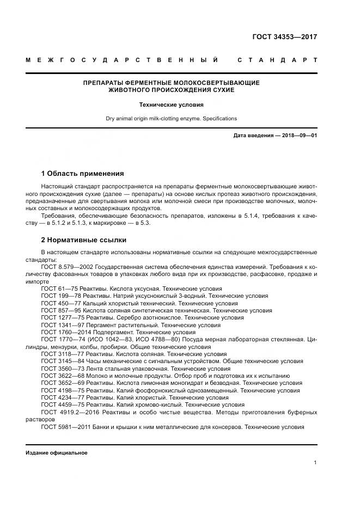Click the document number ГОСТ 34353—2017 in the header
284,38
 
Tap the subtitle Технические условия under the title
172,104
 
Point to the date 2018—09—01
298,135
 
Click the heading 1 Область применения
83,174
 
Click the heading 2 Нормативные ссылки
84,240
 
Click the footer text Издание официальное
56,453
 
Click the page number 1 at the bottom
315,463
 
